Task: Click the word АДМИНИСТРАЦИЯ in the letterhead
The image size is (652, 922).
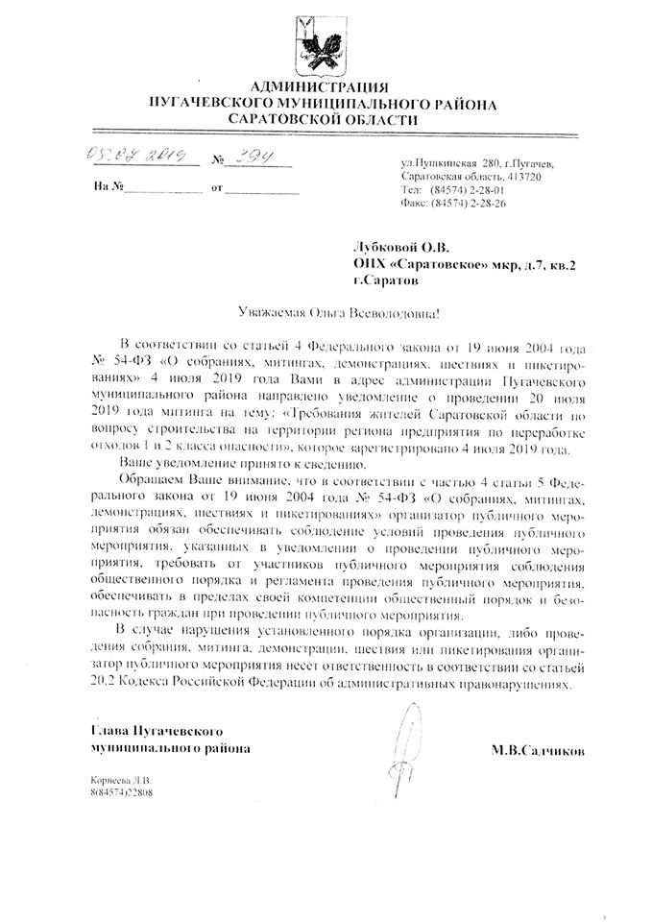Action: pyautogui.click(x=326, y=86)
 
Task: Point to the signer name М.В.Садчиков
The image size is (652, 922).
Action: pyautogui.click(x=538, y=748)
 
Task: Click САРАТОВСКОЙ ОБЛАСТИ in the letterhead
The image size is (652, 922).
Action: pyautogui.click(x=326, y=119)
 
